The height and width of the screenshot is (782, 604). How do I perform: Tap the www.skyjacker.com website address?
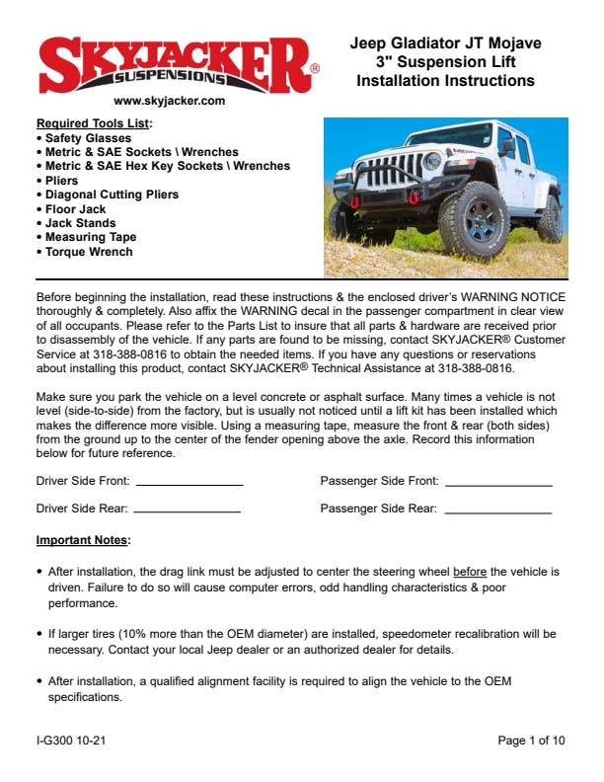point(170,101)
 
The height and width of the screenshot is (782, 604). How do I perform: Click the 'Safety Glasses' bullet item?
point(88,138)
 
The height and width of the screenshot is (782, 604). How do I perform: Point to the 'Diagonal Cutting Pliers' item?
point(112,195)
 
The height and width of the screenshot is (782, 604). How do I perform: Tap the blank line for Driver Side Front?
point(189,484)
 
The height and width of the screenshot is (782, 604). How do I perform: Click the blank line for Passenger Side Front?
point(498,484)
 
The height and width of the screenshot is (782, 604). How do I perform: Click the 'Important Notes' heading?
point(83,540)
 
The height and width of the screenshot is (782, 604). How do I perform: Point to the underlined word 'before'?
point(471,572)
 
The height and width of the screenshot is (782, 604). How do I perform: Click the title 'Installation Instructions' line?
point(446,80)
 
